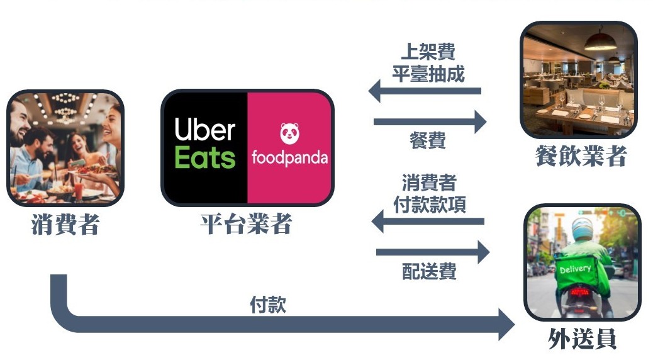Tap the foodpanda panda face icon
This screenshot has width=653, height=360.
click(x=289, y=133)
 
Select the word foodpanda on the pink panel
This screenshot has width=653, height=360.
click(x=289, y=157)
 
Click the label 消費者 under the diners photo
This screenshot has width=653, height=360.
click(x=65, y=225)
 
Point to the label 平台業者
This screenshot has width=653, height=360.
click(x=247, y=225)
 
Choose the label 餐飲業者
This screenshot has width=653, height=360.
click(x=581, y=157)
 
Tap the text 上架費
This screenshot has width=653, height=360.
click(x=428, y=52)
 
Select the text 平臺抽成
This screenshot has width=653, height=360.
click(x=428, y=74)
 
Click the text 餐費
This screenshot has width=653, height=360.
click(x=428, y=140)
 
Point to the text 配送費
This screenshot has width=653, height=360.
click(x=429, y=272)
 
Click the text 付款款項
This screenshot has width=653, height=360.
click(x=430, y=205)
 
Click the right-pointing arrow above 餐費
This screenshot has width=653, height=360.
click(x=430, y=121)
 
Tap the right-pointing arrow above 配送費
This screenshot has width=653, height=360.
click(x=432, y=252)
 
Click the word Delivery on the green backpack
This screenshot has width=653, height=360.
click(x=575, y=269)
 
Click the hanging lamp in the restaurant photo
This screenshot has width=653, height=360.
click(x=600, y=42)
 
